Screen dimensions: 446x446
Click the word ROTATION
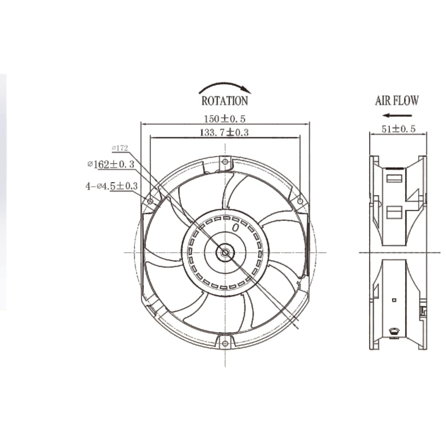225,101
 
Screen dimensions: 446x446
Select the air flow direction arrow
397,115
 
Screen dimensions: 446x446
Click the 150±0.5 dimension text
224,119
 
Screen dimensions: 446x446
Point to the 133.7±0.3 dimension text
224,132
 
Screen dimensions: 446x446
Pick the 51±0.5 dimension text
398,129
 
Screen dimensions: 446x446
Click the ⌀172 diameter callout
120,148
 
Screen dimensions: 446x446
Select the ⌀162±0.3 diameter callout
111,164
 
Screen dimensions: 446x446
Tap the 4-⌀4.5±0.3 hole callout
112,186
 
